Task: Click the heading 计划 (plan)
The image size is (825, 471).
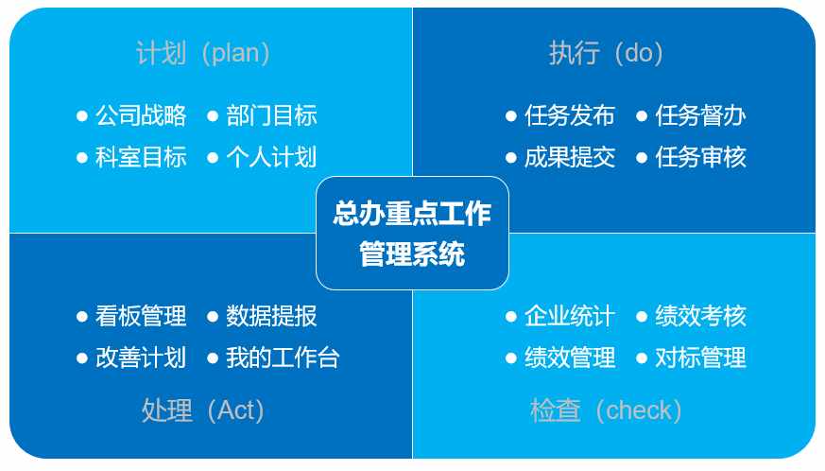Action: click(x=203, y=53)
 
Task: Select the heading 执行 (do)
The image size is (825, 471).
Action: click(x=606, y=53)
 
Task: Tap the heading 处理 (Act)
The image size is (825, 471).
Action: click(x=203, y=410)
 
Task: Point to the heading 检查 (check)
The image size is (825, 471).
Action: click(x=606, y=410)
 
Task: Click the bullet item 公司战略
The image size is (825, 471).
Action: click(x=141, y=115)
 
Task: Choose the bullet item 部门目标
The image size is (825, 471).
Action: click(x=271, y=115)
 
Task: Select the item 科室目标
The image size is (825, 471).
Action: click(x=141, y=157)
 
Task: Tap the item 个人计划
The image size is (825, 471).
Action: click(x=271, y=157)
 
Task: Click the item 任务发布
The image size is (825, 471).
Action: click(x=570, y=115)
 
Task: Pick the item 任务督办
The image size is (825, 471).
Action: click(x=701, y=115)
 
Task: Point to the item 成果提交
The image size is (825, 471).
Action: click(x=570, y=157)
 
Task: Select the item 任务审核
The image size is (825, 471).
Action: click(x=701, y=157)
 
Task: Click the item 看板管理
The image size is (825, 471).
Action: click(x=141, y=316)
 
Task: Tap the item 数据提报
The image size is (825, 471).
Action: click(x=271, y=316)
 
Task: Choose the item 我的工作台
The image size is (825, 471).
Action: click(x=284, y=358)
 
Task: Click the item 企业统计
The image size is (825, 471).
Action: click(x=570, y=316)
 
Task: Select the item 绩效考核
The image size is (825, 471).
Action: click(x=701, y=316)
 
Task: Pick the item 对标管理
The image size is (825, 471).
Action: click(x=701, y=358)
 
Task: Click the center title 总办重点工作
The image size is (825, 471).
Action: click(x=412, y=214)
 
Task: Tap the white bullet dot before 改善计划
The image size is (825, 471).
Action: click(x=81, y=358)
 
